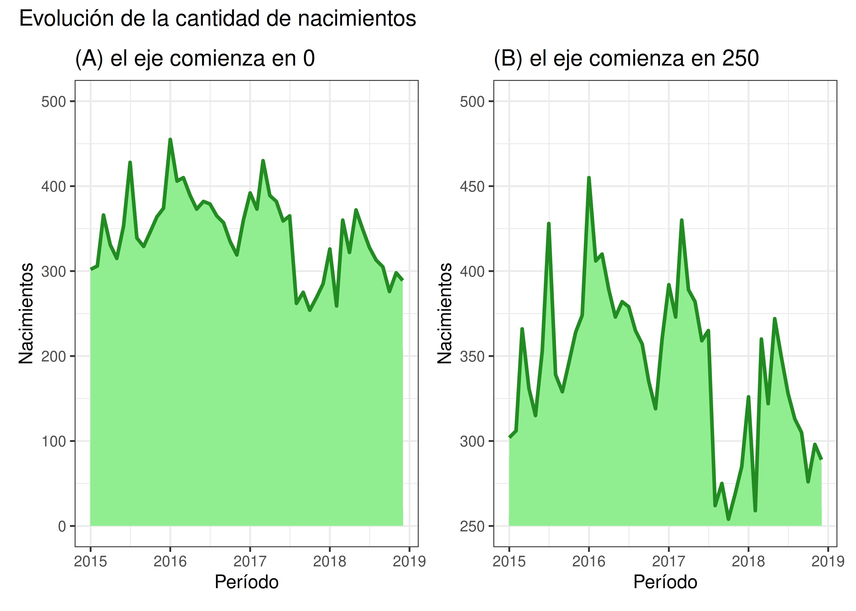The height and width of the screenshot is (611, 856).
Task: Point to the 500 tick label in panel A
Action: tap(53, 102)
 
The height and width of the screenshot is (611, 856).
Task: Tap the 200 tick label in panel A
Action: tap(53, 356)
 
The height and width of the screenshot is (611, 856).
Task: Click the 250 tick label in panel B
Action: tap(472, 526)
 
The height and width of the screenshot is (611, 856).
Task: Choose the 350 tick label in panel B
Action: tap(472, 356)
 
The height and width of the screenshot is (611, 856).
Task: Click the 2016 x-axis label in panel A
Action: tap(170, 561)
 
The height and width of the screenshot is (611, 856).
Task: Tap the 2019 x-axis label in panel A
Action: tap(409, 561)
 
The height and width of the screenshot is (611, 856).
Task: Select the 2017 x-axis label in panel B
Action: tap(668, 561)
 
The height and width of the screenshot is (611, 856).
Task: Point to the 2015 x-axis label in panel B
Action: tap(509, 561)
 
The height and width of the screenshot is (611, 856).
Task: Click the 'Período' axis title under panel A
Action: tap(247, 582)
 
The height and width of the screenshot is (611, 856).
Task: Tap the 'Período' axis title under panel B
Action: tap(665, 582)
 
